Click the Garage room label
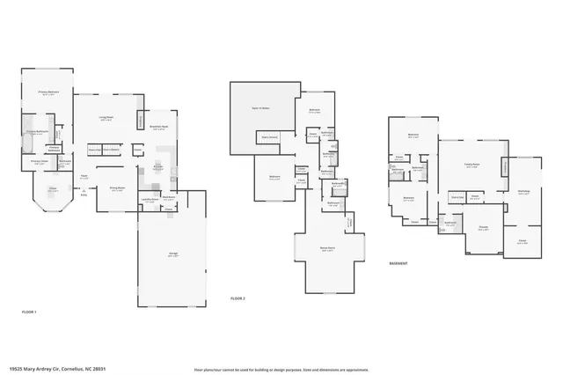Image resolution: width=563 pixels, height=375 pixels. click(x=173, y=255)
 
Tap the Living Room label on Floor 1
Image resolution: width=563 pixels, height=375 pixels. click(x=107, y=118)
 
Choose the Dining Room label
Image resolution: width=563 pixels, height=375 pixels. click(x=117, y=188)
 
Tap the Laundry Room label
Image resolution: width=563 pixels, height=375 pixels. click(x=149, y=200)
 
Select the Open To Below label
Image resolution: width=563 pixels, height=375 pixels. click(x=261, y=107)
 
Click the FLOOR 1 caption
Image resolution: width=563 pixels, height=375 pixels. click(x=30, y=312)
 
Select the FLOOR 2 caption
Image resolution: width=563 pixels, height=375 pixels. click(x=238, y=299)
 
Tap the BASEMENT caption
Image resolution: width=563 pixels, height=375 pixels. click(x=398, y=262)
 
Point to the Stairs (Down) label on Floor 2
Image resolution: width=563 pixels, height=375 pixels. click(x=267, y=137)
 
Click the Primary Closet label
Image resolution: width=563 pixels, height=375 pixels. click(x=39, y=161)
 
